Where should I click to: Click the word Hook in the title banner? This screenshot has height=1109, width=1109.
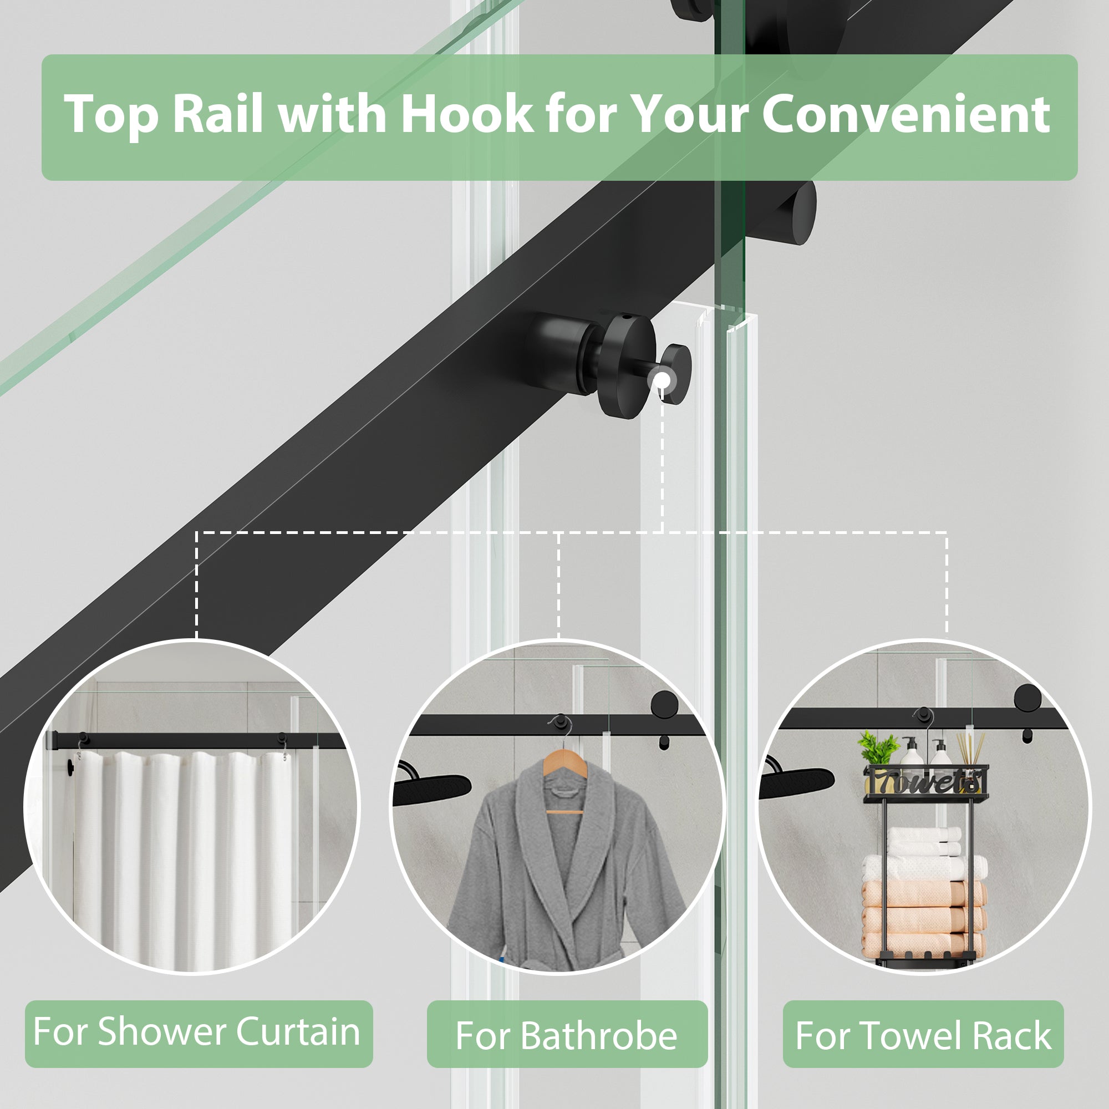[466, 114]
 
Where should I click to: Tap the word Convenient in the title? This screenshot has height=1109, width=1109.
[906, 114]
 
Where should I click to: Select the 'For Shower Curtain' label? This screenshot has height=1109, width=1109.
[198, 1031]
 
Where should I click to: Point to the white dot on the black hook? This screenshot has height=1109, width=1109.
[663, 379]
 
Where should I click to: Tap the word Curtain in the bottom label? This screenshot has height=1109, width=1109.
[298, 1031]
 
